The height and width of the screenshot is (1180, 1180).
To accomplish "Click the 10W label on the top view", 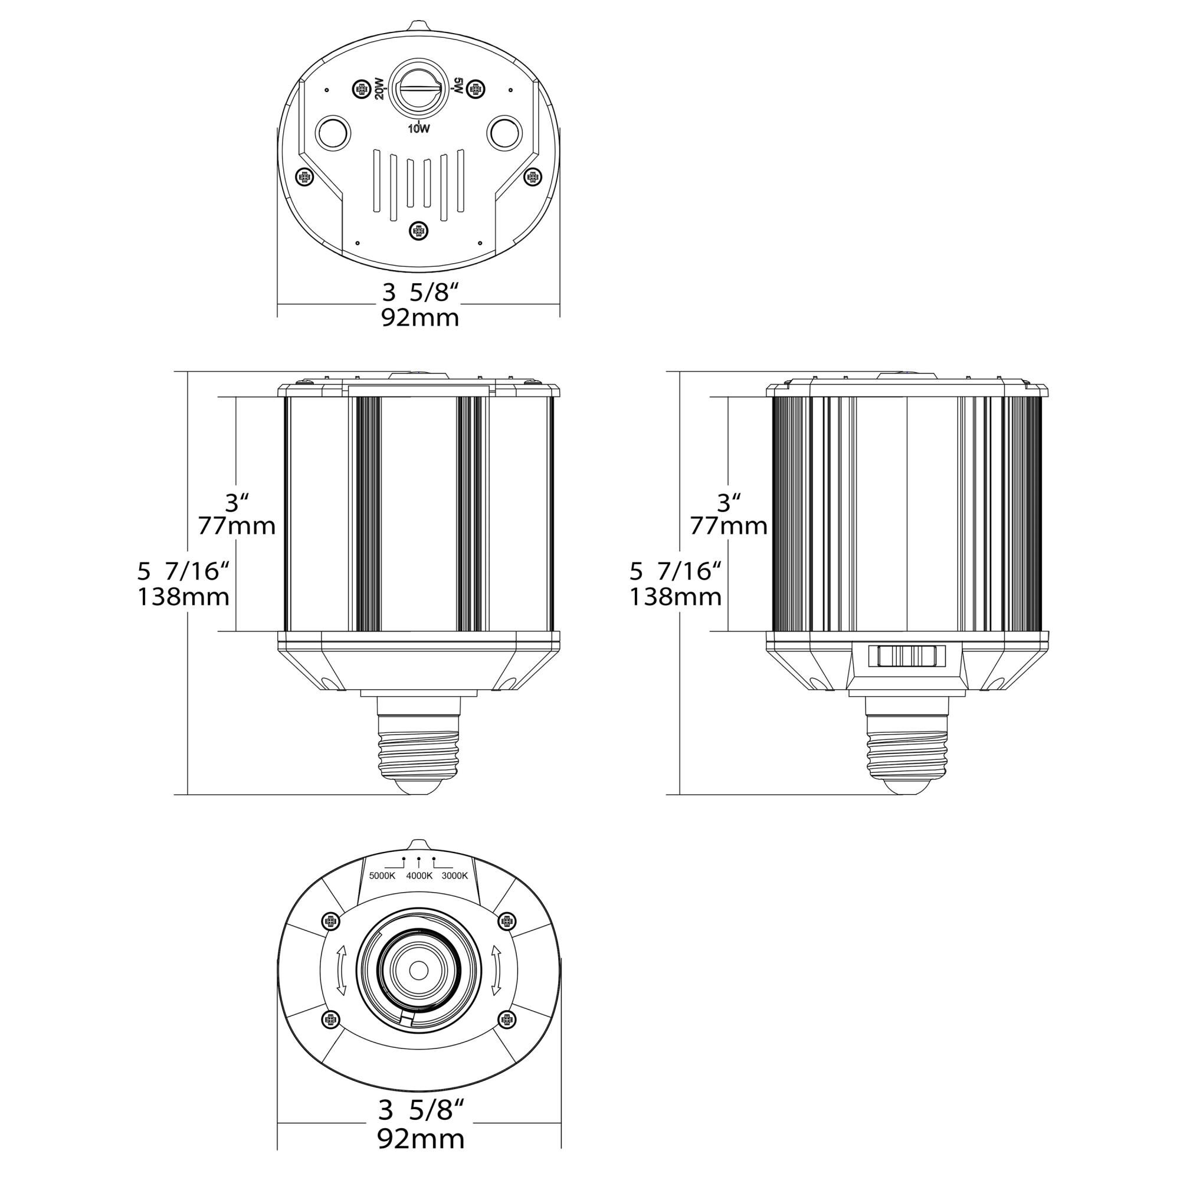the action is [x=419, y=129].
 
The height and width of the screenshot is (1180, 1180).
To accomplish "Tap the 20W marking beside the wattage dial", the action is [x=379, y=90].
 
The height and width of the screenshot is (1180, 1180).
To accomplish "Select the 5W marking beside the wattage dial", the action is [x=458, y=86].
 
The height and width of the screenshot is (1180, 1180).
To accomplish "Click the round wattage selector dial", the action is [x=419, y=88].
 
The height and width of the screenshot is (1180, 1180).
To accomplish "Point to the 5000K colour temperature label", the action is [x=382, y=876].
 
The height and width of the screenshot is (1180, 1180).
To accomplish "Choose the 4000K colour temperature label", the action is [x=419, y=876].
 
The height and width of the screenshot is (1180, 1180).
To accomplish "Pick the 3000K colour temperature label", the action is [x=454, y=876].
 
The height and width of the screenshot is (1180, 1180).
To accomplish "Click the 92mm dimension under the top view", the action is [x=420, y=318].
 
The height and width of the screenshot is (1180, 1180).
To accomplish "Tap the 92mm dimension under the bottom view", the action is [x=421, y=1139].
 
